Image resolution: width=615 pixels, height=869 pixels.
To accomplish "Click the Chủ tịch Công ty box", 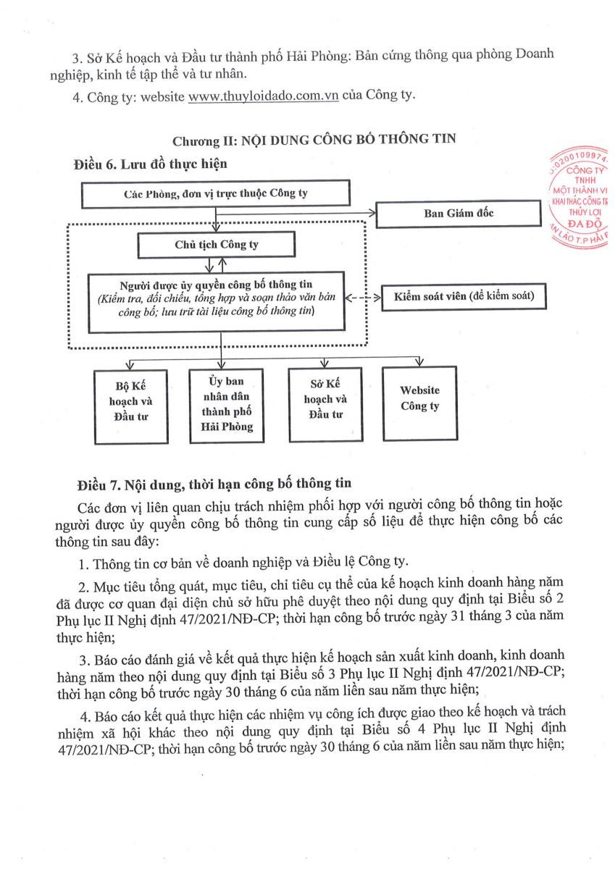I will click(216, 245).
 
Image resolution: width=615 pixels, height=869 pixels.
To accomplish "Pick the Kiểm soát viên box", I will click(464, 297).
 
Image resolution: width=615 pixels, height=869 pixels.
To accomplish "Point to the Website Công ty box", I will click(419, 403).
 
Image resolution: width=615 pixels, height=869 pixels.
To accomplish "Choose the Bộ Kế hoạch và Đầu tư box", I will click(130, 406).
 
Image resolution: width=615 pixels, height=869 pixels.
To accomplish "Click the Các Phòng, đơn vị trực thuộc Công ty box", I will click(215, 194).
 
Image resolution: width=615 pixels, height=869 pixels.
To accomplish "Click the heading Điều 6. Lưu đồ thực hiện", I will click(151, 164).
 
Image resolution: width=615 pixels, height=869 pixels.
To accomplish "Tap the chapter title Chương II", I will click(314, 139).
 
